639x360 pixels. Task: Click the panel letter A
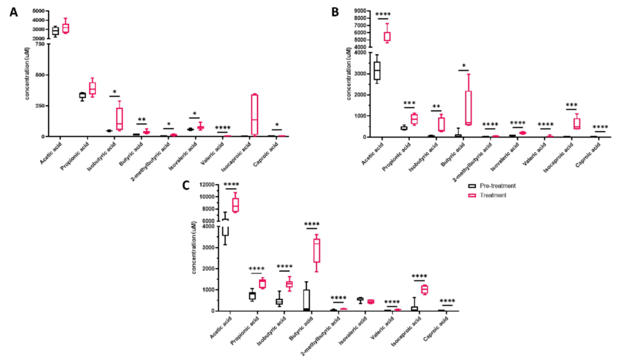(x=13, y=12)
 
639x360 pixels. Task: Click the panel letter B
(x=335, y=11)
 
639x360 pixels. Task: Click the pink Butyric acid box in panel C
(x=317, y=250)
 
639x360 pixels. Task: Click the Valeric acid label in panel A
(x=209, y=155)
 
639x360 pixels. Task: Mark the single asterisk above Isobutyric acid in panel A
(x=114, y=91)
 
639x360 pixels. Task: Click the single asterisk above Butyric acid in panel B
(x=464, y=66)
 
